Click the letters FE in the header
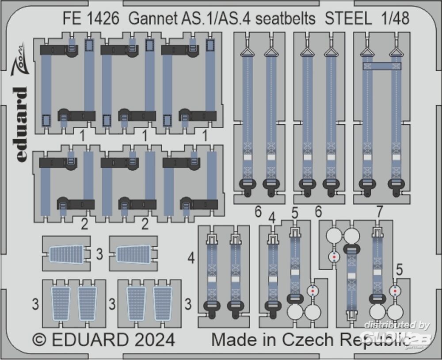pyautogui.click(x=72, y=19)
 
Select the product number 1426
pyautogui.click(x=103, y=19)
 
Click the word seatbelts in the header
pyautogui.click(x=283, y=19)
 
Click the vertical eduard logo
pyautogui.click(x=21, y=124)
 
